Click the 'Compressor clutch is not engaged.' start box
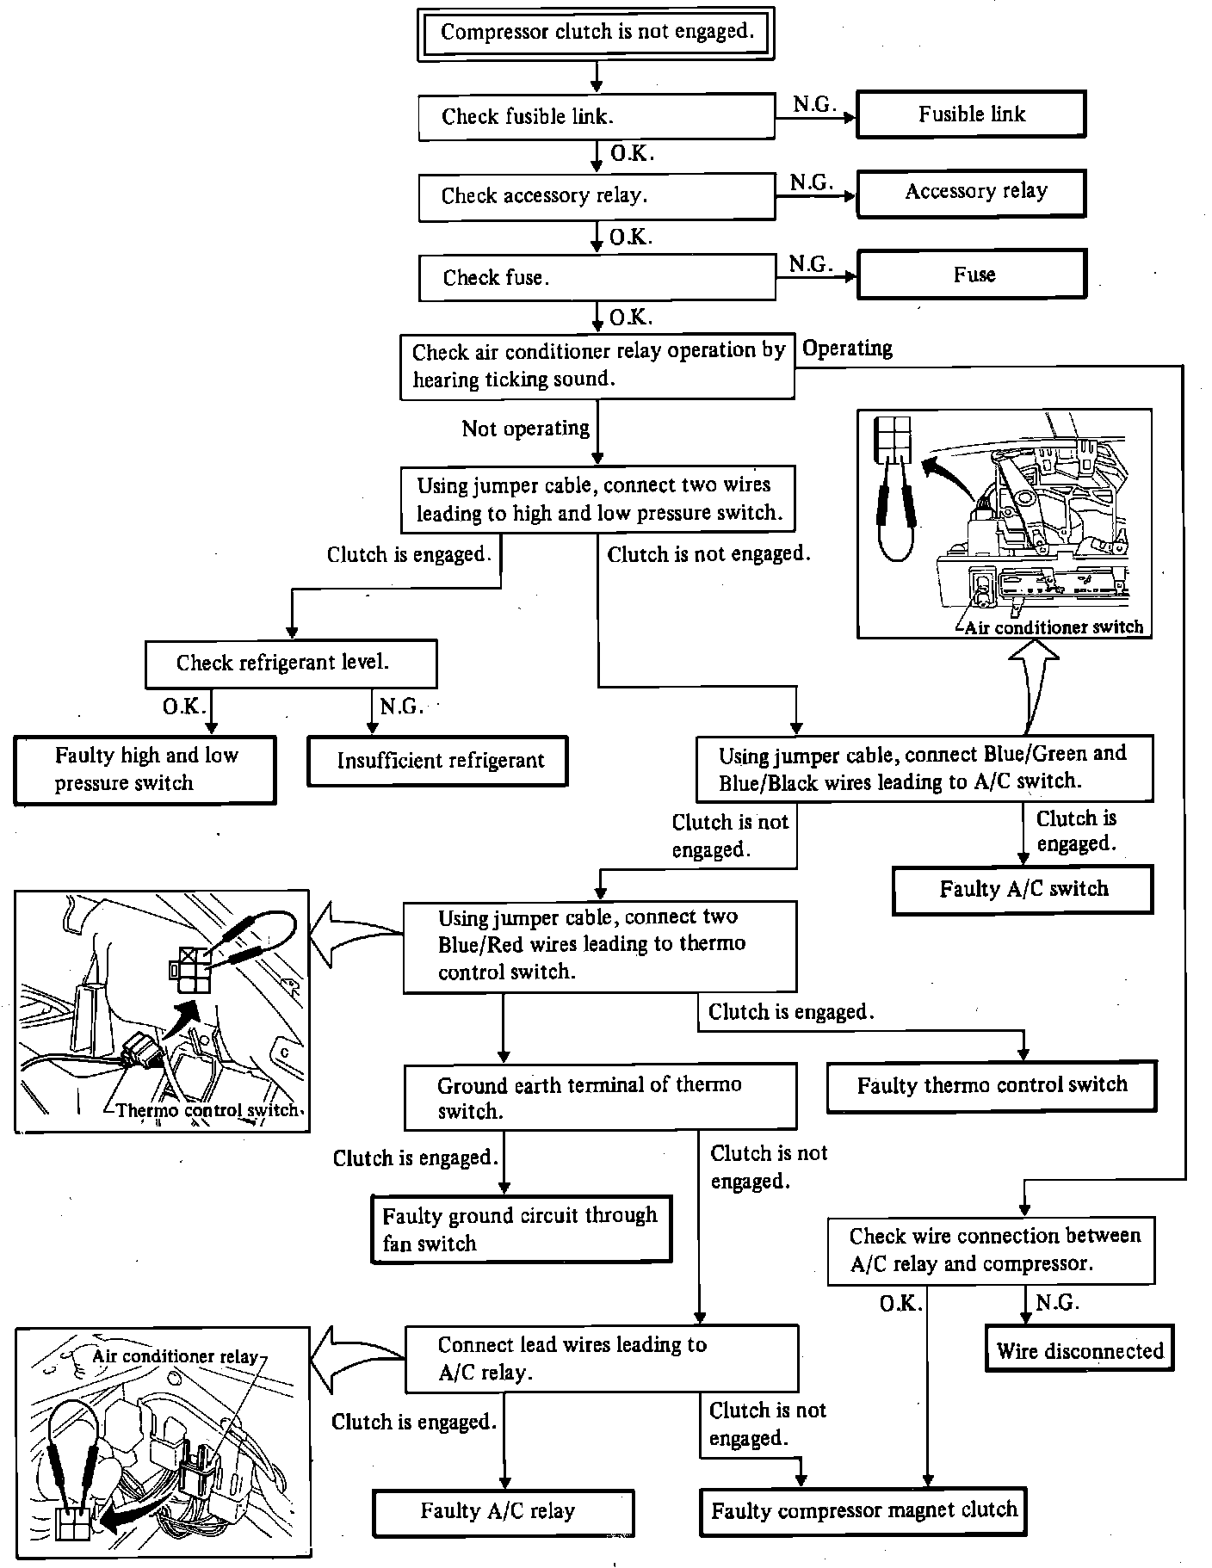point(596,34)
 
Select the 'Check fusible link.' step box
point(596,117)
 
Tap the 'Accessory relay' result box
point(971,193)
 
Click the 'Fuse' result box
point(972,275)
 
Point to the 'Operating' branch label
point(847,349)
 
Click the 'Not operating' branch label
point(525,429)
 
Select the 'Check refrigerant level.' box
point(291,664)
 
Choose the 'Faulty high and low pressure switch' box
point(145,769)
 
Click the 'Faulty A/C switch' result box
point(1023,889)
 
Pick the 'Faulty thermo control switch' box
point(991,1086)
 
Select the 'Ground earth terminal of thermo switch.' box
point(600,1097)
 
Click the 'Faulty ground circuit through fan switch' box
point(521,1229)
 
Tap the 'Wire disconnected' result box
point(1079,1351)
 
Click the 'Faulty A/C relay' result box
point(504,1511)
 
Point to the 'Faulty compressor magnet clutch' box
point(863,1510)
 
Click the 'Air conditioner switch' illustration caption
point(1053,627)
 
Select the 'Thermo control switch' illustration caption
point(207,1110)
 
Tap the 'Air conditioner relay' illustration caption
point(175,1357)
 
